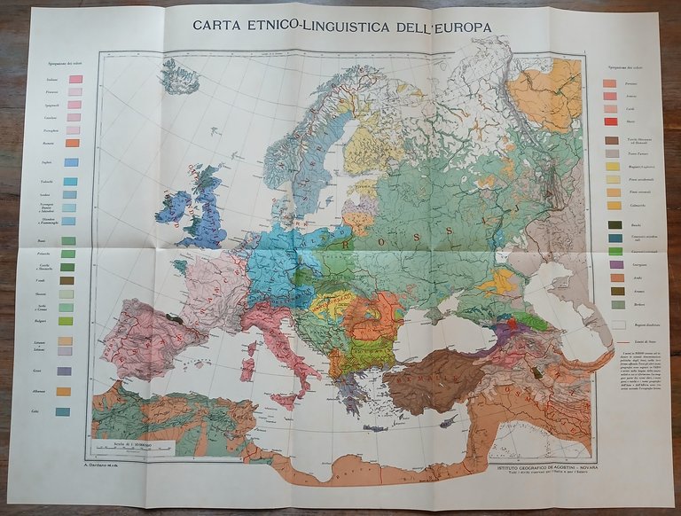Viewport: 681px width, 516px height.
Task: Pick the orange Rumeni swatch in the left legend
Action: [74, 143]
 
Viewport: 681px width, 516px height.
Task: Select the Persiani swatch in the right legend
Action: [609, 82]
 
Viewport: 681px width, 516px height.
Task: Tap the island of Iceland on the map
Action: [181, 77]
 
